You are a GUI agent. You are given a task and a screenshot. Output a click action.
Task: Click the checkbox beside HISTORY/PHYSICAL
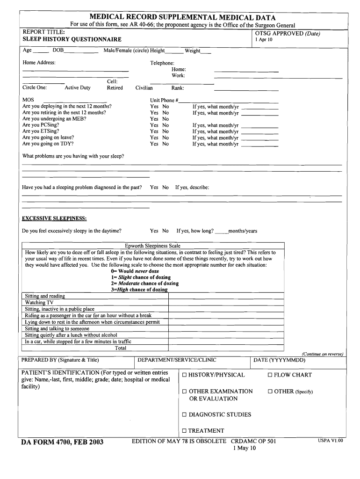coord(185,375)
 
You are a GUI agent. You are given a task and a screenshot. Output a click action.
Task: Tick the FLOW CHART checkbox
coord(270,375)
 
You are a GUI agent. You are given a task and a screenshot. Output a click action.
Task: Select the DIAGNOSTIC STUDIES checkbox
coord(185,415)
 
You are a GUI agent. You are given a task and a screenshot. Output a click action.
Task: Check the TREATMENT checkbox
coord(185,431)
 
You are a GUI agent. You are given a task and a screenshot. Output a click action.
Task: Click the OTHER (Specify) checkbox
coord(270,392)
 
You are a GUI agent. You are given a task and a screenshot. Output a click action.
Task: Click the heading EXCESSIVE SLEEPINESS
coord(54,218)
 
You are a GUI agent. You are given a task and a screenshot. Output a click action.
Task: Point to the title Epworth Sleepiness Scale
coord(152,246)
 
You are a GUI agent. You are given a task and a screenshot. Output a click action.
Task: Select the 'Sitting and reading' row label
coord(45,296)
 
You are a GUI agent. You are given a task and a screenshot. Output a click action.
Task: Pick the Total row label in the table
coord(121,348)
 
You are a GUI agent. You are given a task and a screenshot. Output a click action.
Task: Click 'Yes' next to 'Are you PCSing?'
coord(154,125)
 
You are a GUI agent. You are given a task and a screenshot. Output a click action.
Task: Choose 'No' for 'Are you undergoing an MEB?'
coord(166,119)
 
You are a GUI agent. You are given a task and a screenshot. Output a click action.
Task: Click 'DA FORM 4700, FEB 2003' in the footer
coord(62,442)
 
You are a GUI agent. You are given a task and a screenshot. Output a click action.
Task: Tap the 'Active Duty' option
coord(78,88)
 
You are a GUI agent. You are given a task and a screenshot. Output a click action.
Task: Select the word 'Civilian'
coord(144,88)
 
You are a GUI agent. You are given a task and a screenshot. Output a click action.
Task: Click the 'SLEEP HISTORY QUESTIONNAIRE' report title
coord(72,40)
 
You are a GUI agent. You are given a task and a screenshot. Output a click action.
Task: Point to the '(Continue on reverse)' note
coord(323,354)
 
